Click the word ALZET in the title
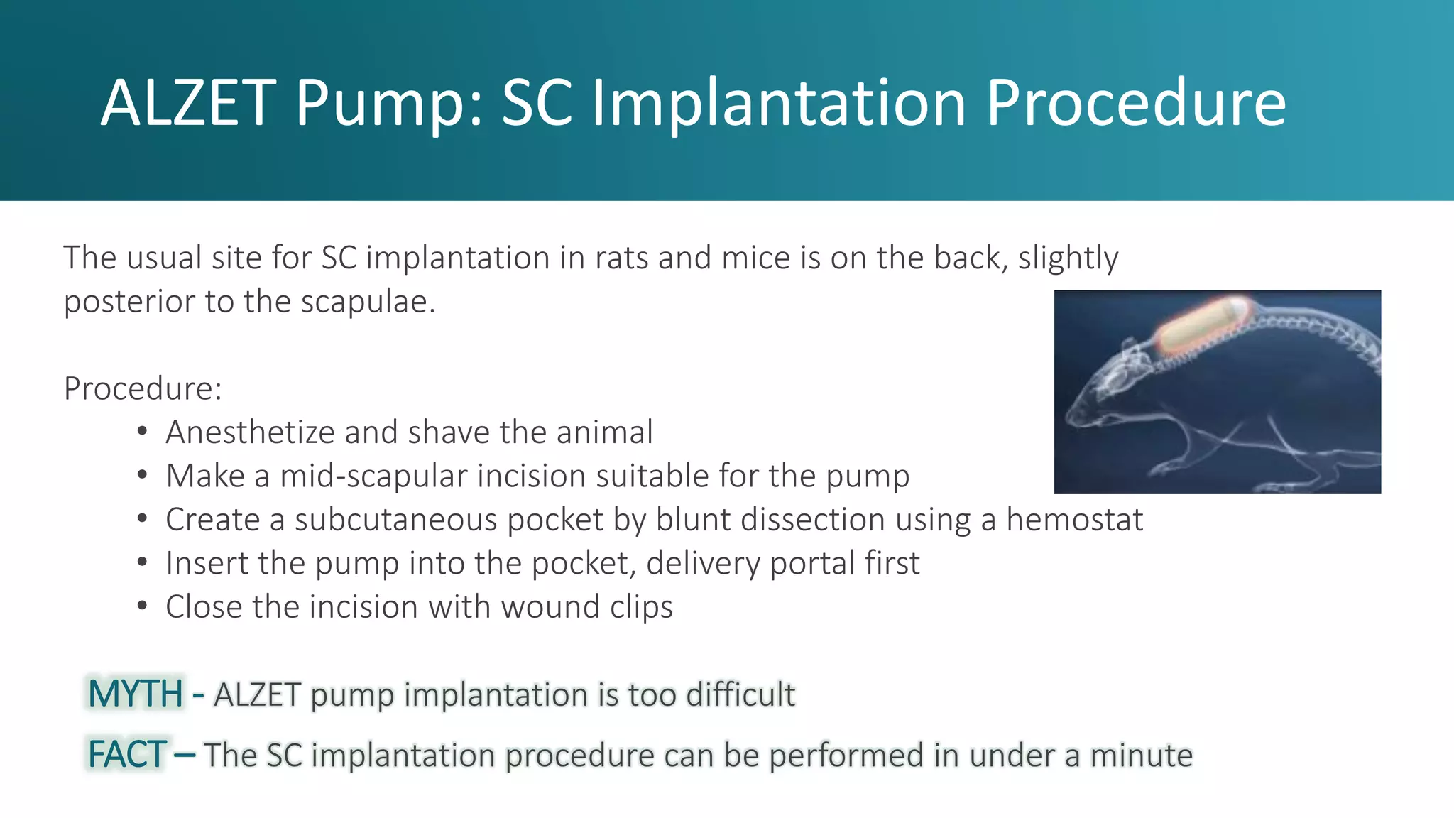click(187, 103)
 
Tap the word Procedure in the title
click(1135, 103)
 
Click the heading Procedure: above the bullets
click(143, 388)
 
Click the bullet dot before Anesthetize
click(143, 432)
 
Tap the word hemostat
click(1074, 520)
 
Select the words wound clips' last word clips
click(638, 608)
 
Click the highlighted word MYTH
click(136, 694)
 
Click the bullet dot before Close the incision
click(143, 606)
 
